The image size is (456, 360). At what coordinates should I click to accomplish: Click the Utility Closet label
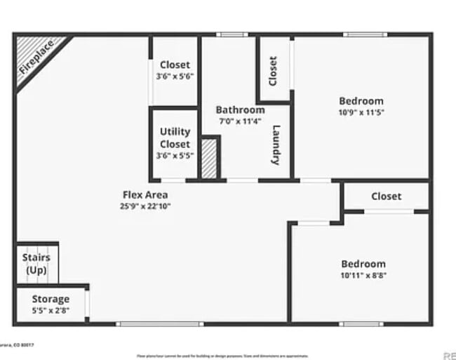(175, 138)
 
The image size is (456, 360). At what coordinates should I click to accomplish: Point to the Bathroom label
(240, 110)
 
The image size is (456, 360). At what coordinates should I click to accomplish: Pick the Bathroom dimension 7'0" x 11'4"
(240, 121)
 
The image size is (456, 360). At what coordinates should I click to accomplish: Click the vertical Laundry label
(276, 145)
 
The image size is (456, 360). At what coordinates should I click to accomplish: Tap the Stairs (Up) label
(36, 264)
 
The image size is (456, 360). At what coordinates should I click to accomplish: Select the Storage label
(51, 299)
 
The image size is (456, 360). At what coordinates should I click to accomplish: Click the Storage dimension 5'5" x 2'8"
(51, 309)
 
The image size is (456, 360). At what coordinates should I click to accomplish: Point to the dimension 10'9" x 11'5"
(361, 112)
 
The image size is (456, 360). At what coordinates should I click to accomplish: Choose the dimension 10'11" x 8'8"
(363, 275)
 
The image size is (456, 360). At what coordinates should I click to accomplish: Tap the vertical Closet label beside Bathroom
(273, 71)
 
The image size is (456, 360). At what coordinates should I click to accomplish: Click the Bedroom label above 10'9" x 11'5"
(361, 101)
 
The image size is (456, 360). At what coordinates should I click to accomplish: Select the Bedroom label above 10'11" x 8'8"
(363, 264)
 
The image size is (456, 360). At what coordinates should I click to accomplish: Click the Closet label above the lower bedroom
(387, 196)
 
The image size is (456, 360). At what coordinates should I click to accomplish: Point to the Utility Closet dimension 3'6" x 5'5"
(175, 156)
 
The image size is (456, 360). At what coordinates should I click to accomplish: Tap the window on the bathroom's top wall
(232, 34)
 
